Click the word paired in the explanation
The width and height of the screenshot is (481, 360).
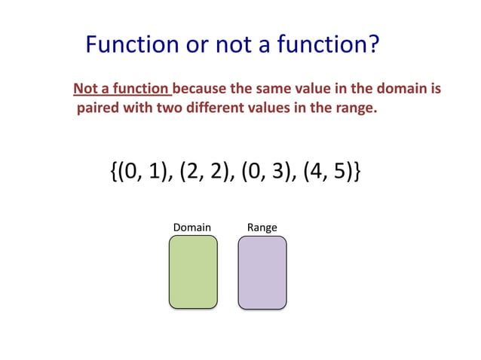click(97, 108)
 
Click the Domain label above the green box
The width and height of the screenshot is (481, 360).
click(192, 227)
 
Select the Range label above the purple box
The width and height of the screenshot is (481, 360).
click(262, 227)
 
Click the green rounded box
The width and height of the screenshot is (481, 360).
click(193, 272)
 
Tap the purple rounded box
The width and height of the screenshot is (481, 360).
click(262, 272)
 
